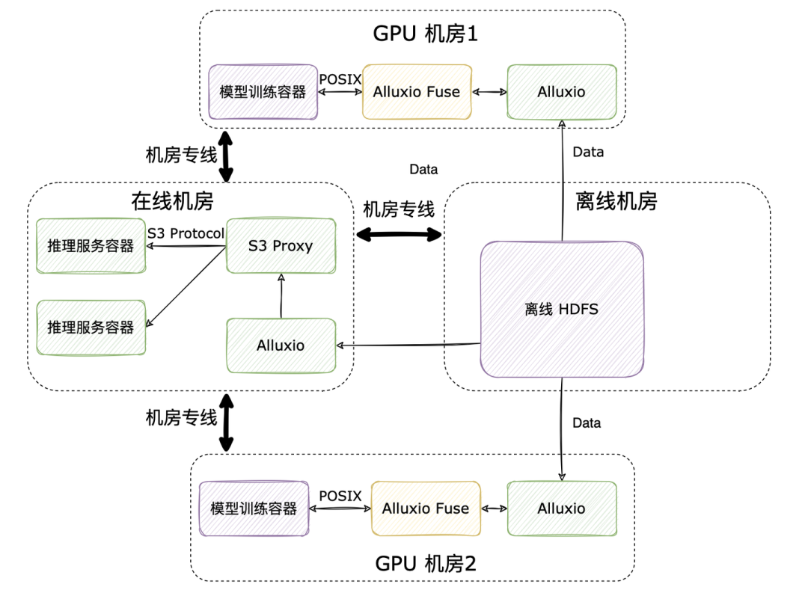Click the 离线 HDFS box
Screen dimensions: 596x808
(561, 308)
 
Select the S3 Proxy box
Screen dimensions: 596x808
(281, 246)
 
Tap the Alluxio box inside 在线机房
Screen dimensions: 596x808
(281, 345)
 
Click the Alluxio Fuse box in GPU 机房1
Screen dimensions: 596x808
(417, 92)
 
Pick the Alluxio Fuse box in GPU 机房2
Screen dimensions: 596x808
(426, 509)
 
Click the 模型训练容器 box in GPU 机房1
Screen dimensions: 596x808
(263, 92)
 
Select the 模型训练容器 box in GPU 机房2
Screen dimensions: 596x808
(254, 509)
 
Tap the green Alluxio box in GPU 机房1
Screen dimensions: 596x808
(561, 92)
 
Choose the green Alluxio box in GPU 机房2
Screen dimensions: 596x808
(561, 509)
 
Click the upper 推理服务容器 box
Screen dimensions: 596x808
(91, 246)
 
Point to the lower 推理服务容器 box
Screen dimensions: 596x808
(91, 328)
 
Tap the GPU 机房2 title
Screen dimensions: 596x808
(424, 562)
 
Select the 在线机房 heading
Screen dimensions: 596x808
(172, 201)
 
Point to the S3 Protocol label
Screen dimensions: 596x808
(186, 233)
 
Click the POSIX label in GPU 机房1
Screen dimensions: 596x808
(340, 79)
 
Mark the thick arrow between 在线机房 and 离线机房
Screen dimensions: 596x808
(399, 235)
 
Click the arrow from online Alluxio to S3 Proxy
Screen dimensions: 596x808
(281, 295)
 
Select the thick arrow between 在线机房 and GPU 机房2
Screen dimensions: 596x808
(225, 423)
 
